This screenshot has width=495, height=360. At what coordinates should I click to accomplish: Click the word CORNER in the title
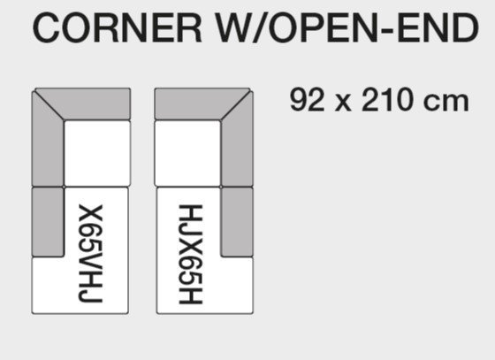(117, 27)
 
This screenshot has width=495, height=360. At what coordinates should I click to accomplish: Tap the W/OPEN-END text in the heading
(346, 27)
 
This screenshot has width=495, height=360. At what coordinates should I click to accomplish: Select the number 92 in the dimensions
(307, 100)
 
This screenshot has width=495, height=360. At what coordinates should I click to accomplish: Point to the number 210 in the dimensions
(387, 100)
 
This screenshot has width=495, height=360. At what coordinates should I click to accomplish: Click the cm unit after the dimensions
(445, 103)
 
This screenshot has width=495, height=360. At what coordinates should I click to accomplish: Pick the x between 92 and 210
(343, 103)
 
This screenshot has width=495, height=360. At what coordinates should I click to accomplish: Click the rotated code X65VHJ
(90, 254)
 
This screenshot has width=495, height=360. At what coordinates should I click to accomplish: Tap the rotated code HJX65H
(190, 254)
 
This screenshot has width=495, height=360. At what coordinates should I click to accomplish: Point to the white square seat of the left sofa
(97, 153)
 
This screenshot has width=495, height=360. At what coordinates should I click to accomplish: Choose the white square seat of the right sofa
(187, 153)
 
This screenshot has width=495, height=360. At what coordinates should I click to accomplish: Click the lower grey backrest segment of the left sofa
(48, 222)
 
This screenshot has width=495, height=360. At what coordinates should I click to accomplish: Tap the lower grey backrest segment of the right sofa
(237, 222)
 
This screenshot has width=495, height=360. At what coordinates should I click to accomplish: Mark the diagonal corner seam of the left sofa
(49, 104)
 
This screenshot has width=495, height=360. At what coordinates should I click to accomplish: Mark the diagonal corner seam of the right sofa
(237, 104)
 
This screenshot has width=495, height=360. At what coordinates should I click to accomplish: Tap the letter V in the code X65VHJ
(90, 259)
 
